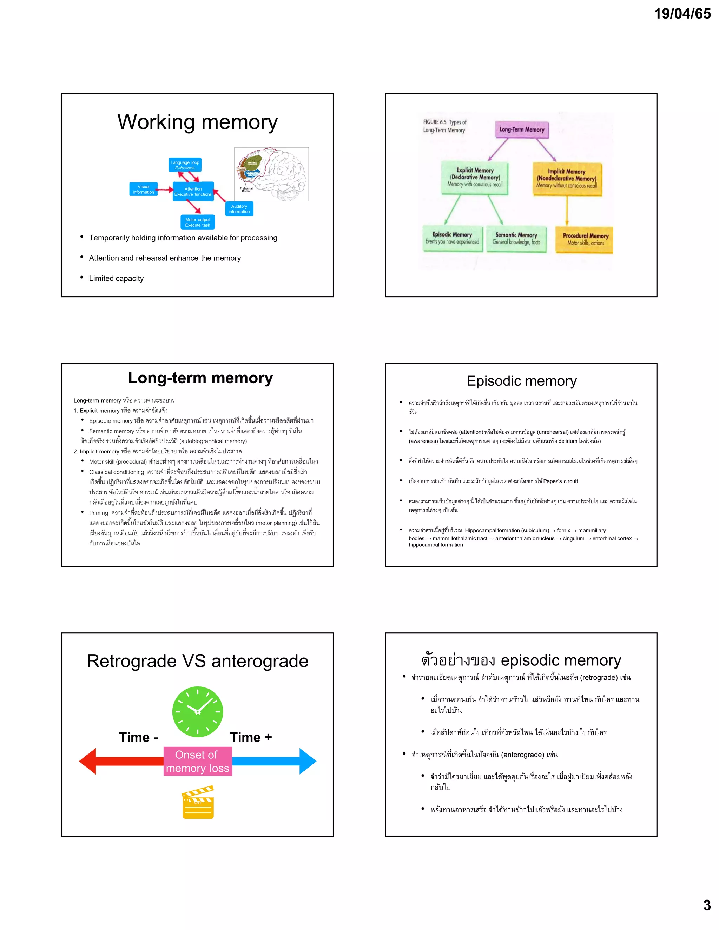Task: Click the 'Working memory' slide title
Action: (x=197, y=122)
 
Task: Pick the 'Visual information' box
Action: (x=144, y=190)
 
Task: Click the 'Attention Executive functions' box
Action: (x=193, y=192)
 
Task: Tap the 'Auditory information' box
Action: (x=239, y=209)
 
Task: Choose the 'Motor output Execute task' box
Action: (x=197, y=222)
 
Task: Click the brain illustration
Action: (x=271, y=174)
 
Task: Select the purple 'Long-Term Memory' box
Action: (x=522, y=130)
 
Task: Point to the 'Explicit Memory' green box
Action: (x=475, y=178)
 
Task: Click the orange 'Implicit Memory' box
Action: (x=567, y=179)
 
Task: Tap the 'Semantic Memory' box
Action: (x=516, y=238)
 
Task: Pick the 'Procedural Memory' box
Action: (x=585, y=239)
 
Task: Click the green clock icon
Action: (x=198, y=712)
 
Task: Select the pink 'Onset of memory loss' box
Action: (x=198, y=762)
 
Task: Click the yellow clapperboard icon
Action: (x=198, y=803)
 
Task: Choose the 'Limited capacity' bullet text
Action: (x=116, y=279)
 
